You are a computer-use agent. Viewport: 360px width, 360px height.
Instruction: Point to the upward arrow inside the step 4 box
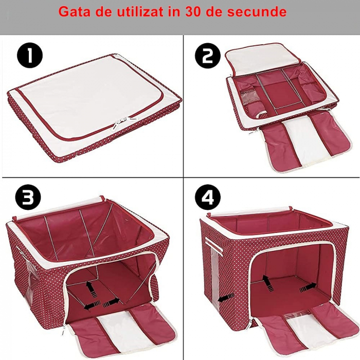pyautogui.click(x=267, y=281)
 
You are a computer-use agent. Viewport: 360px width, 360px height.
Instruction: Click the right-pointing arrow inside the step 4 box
pyautogui.click(x=308, y=285)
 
